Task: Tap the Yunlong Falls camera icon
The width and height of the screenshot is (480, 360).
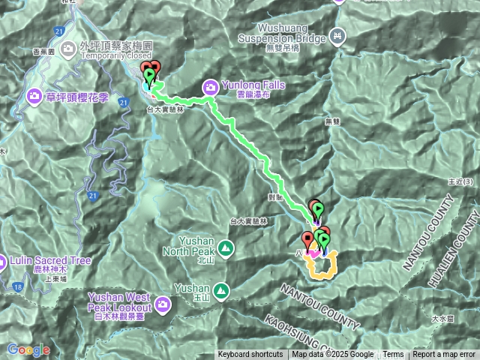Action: click(x=211, y=87)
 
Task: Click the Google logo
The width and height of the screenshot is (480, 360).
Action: click(x=28, y=349)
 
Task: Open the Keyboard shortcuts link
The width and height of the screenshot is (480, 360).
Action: click(x=250, y=355)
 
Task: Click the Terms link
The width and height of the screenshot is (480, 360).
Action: click(x=393, y=355)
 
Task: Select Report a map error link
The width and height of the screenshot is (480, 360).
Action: click(x=444, y=355)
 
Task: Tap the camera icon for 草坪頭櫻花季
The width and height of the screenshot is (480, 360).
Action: click(x=34, y=96)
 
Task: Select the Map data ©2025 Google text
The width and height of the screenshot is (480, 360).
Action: click(x=333, y=355)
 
